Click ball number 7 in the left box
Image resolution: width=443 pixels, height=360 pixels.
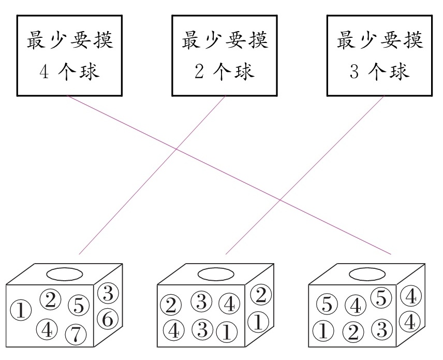coord(76,335)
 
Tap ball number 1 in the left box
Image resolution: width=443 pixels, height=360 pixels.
coord(20,311)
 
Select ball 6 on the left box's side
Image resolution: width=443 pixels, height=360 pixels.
coord(107,317)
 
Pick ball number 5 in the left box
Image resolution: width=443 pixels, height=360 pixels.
coord(79,305)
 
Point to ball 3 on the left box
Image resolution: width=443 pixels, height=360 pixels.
coord(107,294)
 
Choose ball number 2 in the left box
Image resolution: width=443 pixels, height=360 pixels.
coord(50,299)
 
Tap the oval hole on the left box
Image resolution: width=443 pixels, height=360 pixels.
coord(64,273)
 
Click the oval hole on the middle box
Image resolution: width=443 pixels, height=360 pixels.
coord(216,273)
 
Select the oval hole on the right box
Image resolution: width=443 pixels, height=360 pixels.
coord(367,273)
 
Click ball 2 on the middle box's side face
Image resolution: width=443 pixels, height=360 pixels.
coord(260,295)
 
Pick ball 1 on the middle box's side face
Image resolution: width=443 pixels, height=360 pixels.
coord(258,322)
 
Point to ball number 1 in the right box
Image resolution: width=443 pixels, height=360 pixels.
coord(323,330)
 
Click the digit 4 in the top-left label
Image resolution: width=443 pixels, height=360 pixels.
coord(45,71)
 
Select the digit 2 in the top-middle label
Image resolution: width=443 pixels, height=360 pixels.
coord(199,71)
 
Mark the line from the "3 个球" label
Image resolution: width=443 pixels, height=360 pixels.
coord(305,175)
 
